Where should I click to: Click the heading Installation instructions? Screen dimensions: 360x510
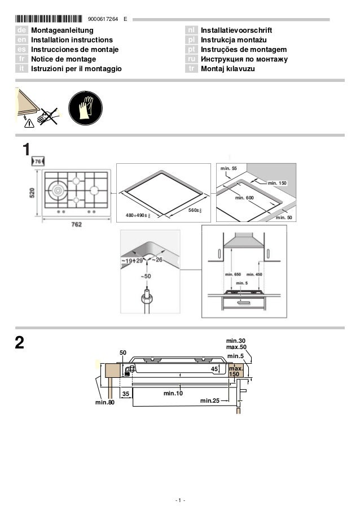click(72, 40)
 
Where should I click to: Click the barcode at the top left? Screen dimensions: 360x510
click(49, 20)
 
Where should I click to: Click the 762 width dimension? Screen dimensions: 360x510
click(77, 224)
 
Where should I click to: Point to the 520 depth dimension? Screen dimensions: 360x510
click(33, 193)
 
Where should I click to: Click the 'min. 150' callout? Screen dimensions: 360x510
click(277, 183)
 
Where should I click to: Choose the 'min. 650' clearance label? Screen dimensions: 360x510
click(233, 274)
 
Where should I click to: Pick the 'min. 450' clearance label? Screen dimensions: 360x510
click(254, 274)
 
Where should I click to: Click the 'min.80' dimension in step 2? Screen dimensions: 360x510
click(104, 403)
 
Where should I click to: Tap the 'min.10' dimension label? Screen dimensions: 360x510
click(173, 393)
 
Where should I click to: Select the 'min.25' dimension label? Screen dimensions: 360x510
click(210, 400)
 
